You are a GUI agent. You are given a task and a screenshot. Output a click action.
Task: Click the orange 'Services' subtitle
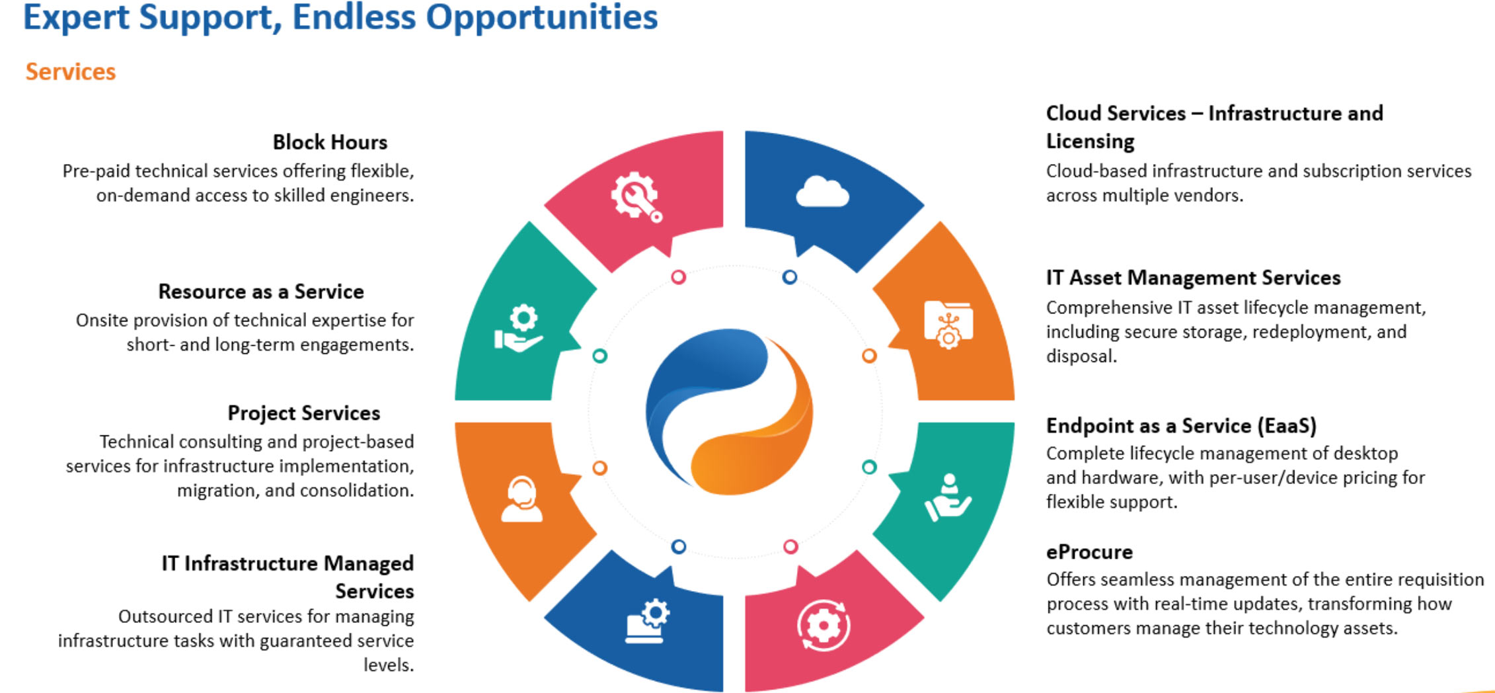pos(71,71)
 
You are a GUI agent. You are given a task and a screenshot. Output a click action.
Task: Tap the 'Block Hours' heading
pos(330,142)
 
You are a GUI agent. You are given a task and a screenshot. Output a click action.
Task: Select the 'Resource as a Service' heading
pos(261,292)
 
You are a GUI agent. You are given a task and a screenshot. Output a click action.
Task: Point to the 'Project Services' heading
pos(304,413)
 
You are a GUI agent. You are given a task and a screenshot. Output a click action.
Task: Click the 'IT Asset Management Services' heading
pos(1193,278)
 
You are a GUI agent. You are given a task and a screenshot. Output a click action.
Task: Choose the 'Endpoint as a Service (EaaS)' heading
pos(1181,426)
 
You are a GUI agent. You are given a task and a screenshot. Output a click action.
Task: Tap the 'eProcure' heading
pos(1089,552)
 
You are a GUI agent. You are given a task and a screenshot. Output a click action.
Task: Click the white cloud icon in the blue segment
pos(822,192)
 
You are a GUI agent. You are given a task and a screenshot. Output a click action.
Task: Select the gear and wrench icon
pos(636,196)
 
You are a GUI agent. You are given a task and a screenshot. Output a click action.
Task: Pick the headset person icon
pos(521,499)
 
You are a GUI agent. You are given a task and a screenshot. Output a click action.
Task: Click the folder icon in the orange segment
pos(948,325)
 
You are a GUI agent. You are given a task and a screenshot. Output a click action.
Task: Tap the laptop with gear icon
pos(647,620)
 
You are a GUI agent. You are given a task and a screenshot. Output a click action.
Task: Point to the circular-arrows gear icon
pos(823,625)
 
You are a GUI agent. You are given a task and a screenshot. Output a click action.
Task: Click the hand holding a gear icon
pos(519,328)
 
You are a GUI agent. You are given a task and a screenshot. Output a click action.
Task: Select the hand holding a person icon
pos(948,497)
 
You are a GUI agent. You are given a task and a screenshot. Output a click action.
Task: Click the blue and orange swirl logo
pos(729,411)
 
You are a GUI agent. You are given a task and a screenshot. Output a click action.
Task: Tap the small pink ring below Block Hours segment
pos(678,277)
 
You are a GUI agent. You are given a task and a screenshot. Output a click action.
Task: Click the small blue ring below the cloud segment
pos(789,277)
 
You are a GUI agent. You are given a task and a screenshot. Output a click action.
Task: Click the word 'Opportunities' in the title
pos(542,17)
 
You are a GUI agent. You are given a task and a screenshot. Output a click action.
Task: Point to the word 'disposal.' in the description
pos(1081,356)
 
